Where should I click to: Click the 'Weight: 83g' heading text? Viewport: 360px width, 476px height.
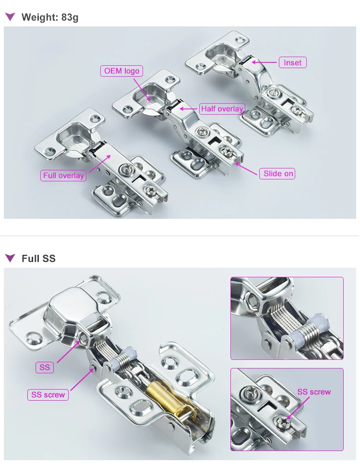50,17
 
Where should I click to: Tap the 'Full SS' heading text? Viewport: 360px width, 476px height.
38,258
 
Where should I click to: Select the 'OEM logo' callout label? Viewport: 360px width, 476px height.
122,71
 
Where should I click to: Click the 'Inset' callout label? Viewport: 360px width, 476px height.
292,62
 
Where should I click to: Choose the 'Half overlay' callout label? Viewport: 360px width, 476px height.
222,109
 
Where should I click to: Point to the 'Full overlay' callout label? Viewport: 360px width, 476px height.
63,175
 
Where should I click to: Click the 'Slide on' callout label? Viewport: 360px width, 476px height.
278,173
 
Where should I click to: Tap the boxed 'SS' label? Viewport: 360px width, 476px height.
45,368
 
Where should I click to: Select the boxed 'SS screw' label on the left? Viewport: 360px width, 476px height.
48,394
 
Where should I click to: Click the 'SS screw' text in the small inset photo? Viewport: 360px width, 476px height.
314,392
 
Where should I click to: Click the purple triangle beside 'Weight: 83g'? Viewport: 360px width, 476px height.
10,17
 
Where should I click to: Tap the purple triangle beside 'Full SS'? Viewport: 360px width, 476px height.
10,258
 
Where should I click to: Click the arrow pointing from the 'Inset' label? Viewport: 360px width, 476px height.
264,62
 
